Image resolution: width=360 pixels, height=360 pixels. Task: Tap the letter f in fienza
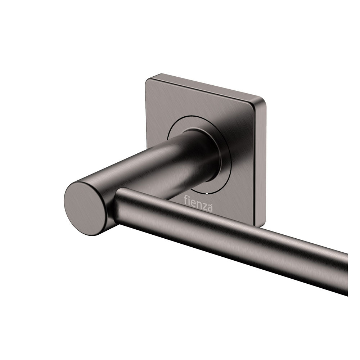[185, 199]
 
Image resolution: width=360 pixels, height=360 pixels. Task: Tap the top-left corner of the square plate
[148, 78]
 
